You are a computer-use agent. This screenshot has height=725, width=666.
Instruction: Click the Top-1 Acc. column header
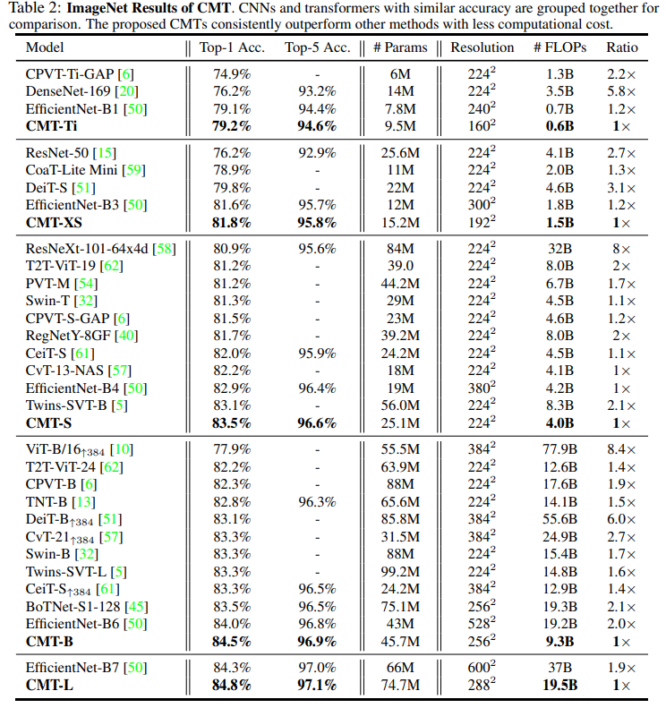tap(225, 47)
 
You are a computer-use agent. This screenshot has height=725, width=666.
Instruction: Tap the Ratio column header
tap(622, 47)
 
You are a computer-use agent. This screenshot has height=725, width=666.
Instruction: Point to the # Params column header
tap(399, 47)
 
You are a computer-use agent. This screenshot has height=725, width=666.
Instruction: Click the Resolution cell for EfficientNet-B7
tap(482, 668)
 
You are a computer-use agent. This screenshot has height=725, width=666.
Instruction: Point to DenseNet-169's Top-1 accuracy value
tap(225, 91)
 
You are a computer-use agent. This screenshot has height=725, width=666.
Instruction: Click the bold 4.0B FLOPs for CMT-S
tap(559, 422)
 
